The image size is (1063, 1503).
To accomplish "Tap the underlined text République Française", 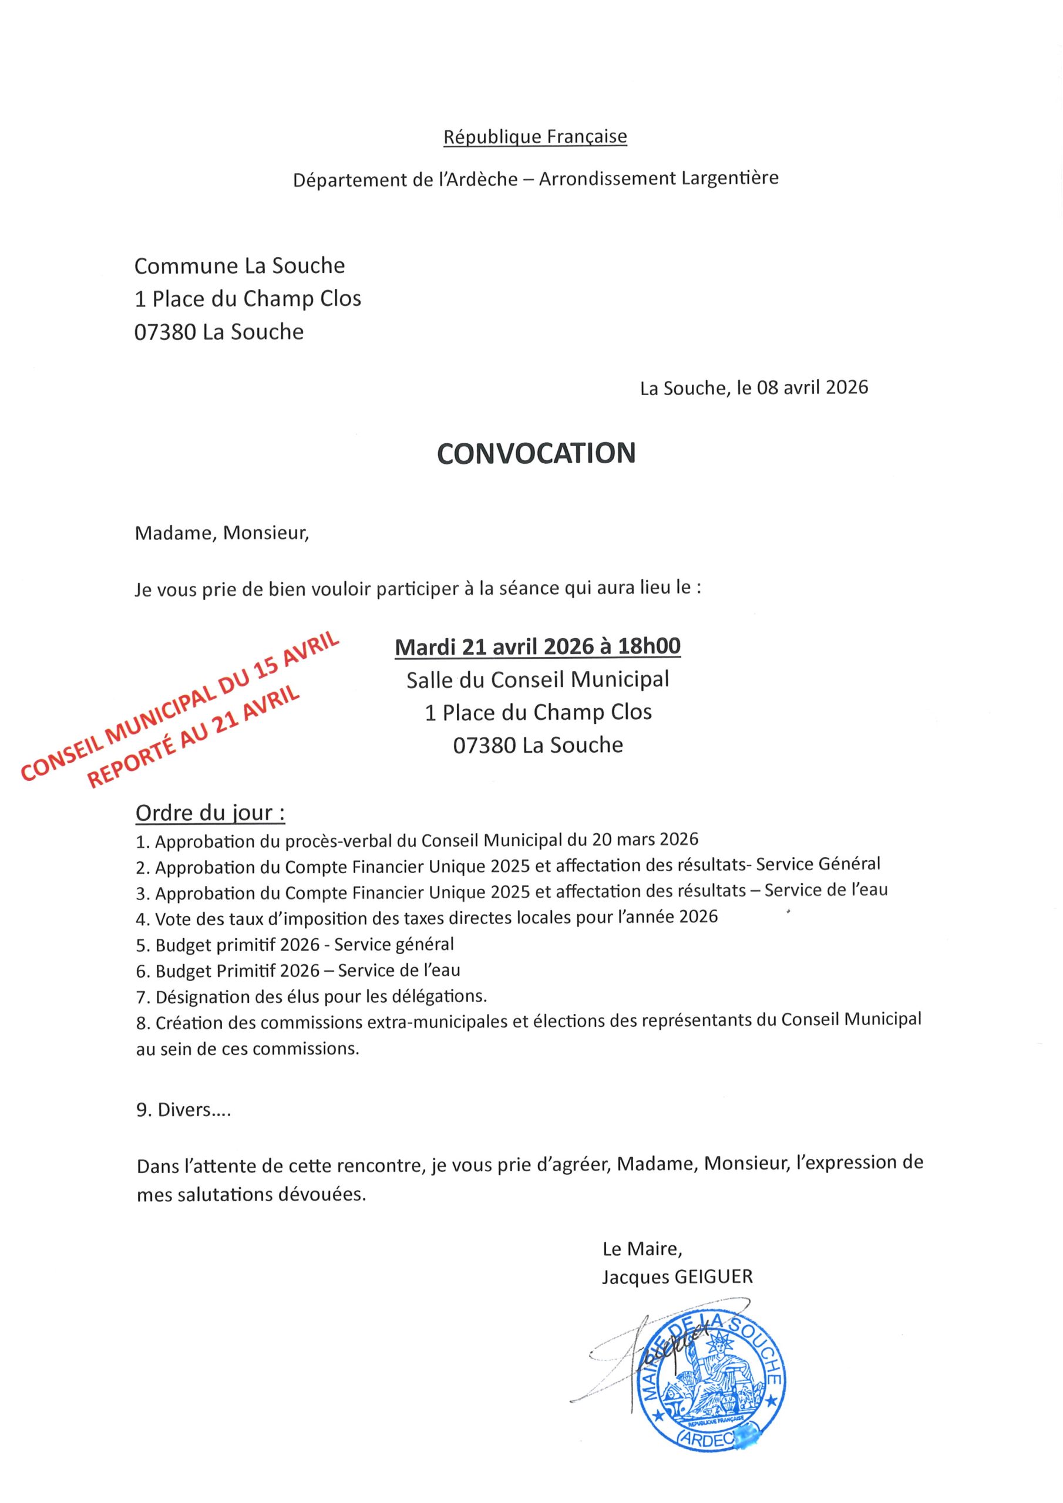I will tap(535, 137).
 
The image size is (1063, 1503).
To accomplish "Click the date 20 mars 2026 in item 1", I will tap(645, 838).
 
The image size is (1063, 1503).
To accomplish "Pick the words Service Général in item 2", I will tap(818, 864).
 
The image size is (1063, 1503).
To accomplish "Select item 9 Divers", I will tap(183, 1110).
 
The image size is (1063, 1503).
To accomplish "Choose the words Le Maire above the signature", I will tap(642, 1249).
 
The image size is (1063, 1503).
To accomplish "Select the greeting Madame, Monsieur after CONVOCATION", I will tap(221, 533).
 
